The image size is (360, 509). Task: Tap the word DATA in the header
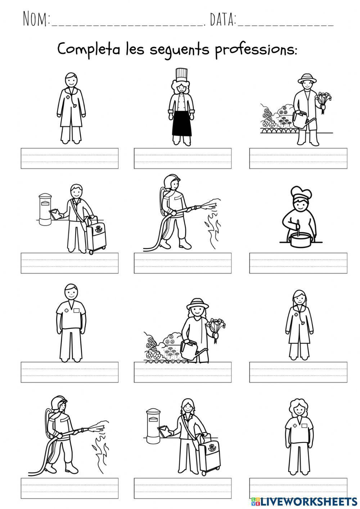point(222,19)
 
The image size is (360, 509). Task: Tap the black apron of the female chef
point(181,124)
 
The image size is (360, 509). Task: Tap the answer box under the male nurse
point(69,372)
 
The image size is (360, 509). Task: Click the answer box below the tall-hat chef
point(183,158)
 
